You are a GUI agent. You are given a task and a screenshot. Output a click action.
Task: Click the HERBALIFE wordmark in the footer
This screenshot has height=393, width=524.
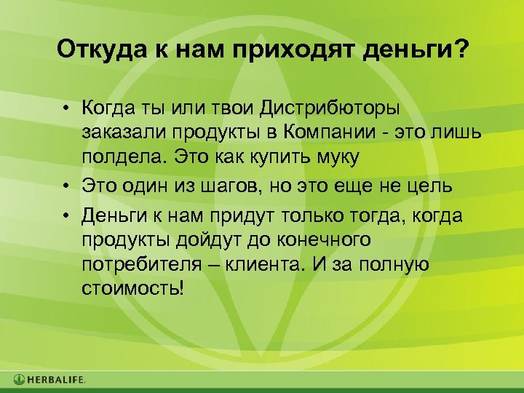pyautogui.click(x=57, y=379)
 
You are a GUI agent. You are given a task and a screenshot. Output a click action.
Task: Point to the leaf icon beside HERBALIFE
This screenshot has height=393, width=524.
pyautogui.click(x=19, y=379)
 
